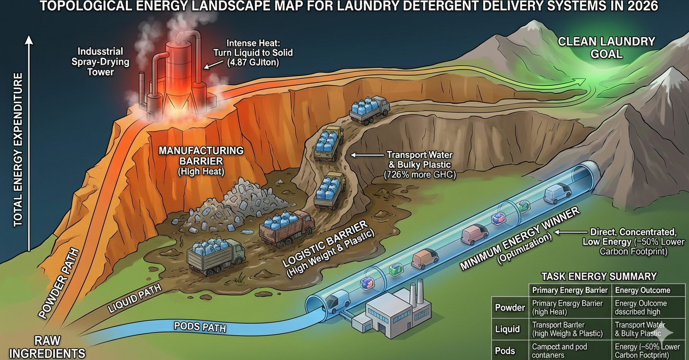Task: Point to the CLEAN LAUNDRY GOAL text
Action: tap(606, 47)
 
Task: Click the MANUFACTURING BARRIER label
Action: tap(201, 156)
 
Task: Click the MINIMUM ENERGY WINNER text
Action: tap(520, 239)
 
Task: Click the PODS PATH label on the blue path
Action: tap(200, 327)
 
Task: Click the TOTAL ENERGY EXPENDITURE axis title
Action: tap(18, 149)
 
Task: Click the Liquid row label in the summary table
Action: tap(507, 329)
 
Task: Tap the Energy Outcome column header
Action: tap(643, 290)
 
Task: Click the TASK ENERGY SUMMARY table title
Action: tap(598, 276)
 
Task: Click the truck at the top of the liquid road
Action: tap(369, 109)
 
